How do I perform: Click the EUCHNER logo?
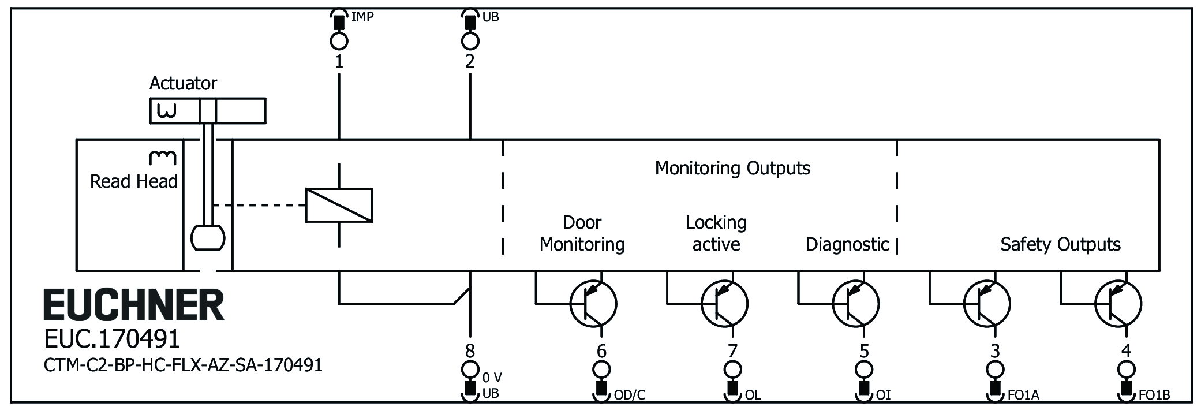(133, 305)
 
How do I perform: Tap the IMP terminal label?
(362, 17)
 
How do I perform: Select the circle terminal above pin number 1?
(339, 41)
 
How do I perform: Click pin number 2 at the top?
(470, 61)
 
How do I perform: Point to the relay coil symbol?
(339, 205)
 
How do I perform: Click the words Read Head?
(133, 181)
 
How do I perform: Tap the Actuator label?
(183, 83)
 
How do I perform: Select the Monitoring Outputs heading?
(732, 168)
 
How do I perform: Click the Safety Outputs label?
(1060, 244)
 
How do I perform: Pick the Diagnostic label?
(847, 244)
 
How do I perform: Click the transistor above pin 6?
(593, 303)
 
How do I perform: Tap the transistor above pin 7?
(724, 303)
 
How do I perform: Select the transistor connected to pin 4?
(1118, 303)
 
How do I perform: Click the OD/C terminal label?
(629, 395)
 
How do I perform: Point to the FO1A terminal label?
(1023, 395)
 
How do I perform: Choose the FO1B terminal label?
(1154, 395)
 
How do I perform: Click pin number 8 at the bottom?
(470, 350)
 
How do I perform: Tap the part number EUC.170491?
(112, 339)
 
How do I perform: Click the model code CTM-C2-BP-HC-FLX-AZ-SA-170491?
(183, 365)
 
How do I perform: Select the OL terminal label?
(753, 395)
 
